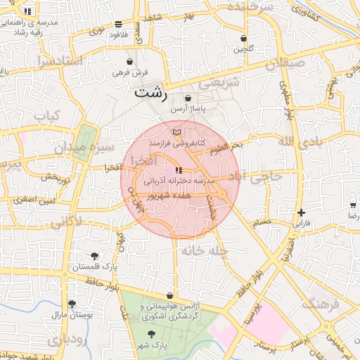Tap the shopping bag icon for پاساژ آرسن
tap(188, 98)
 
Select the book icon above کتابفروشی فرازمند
tap(176, 131)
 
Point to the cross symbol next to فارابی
tap(301, 212)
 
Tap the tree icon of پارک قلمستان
tap(95, 256)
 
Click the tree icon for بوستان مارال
tap(71, 304)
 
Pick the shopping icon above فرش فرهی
tap(129, 62)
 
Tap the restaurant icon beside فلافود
tap(119, 23)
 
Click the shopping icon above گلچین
tap(244, 38)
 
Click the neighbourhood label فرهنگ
tap(321, 304)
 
